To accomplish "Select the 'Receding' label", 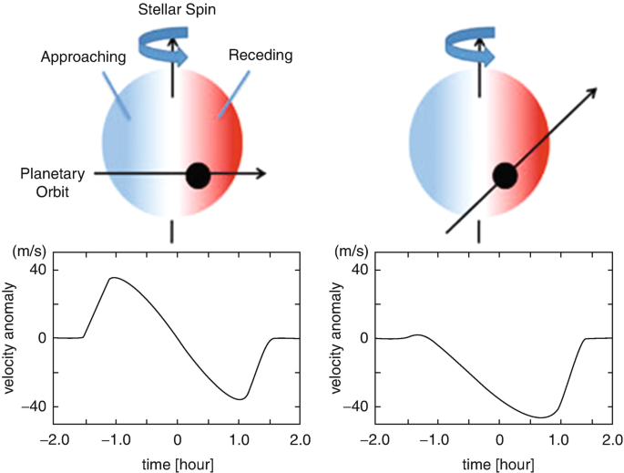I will click(262, 56).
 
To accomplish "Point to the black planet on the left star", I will click(198, 175).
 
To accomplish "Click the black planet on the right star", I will click(505, 175).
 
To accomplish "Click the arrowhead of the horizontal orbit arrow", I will click(261, 173).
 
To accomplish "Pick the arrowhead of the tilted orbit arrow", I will click(592, 91).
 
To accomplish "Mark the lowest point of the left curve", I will click(240, 399).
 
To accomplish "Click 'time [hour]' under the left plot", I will click(177, 463).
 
